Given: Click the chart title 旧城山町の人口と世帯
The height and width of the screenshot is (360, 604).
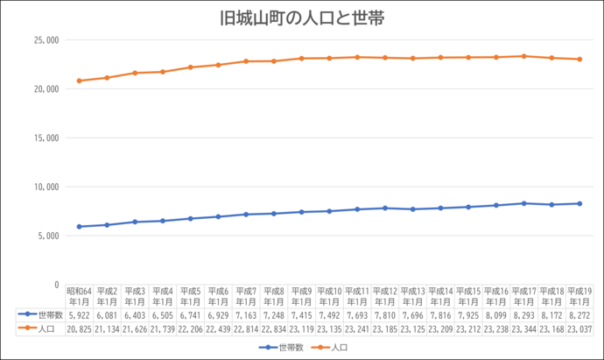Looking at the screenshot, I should point(303,18).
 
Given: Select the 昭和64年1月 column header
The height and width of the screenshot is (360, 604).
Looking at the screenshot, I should point(80,295).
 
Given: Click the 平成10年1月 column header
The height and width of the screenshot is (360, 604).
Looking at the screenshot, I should point(329,295).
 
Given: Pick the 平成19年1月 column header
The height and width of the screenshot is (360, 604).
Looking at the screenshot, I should point(579,295).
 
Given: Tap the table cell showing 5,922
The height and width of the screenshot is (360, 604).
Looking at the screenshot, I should point(80,314).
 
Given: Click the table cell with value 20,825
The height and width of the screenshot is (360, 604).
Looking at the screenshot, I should point(80,328).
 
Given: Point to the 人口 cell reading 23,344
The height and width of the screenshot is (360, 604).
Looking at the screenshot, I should point(523,328).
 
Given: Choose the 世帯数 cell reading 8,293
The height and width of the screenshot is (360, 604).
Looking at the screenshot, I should point(523,314).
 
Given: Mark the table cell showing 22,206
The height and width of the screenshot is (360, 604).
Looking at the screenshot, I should point(191,328).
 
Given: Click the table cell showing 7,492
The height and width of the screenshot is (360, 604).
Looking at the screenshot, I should point(329,314).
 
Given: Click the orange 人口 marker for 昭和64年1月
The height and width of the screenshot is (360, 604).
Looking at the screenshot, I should point(80,81).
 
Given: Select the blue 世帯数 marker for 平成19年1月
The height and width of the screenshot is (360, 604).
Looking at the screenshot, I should point(579,203).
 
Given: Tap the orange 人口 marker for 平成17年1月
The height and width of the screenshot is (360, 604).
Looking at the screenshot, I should point(523,56).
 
